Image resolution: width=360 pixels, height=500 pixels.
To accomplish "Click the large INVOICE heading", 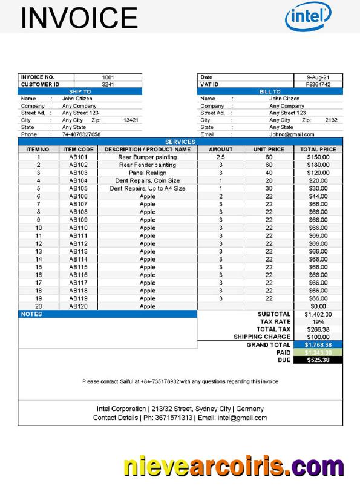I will (79, 18).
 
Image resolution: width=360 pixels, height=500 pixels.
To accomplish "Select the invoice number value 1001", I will (108, 77).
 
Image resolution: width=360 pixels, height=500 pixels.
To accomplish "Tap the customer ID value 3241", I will (108, 85).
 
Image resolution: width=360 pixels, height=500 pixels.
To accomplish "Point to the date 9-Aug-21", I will (318, 77).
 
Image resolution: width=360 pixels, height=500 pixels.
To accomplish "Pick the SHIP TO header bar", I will (79, 91).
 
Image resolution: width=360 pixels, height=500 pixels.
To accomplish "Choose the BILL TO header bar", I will (270, 91).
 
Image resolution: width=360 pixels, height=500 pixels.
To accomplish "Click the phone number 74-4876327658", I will (81, 134).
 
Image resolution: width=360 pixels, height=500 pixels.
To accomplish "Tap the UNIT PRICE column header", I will (269, 149).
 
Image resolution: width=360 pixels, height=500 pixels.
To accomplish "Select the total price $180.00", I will (318, 165).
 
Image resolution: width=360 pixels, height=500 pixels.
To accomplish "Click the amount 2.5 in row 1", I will (220, 157).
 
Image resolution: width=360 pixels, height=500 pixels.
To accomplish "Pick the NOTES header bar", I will (107, 314).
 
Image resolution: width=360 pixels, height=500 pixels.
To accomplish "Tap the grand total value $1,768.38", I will (318, 344).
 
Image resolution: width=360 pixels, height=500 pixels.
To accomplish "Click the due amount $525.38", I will (318, 360).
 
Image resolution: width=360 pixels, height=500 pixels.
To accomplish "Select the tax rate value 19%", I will (318, 321).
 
